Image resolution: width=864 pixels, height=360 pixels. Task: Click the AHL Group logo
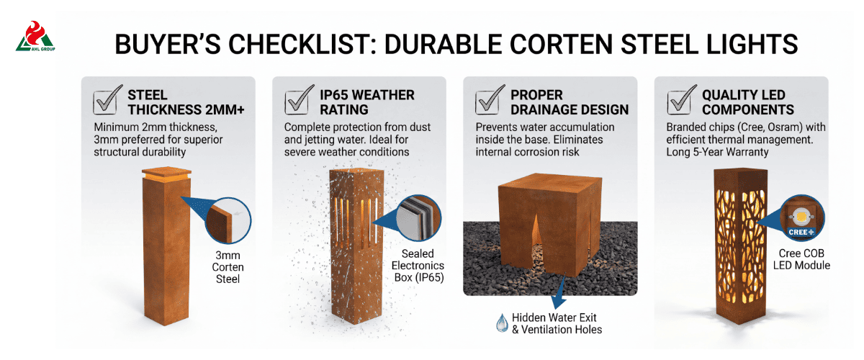click(35, 36)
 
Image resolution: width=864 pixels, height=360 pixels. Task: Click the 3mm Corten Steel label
click(228, 267)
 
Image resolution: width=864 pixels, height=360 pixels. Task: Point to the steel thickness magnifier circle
click(228, 221)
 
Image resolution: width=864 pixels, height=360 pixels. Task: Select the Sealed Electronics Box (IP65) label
click(418, 266)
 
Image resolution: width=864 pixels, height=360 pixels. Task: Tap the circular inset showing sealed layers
click(418, 218)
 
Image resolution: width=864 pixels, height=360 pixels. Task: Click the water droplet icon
click(502, 323)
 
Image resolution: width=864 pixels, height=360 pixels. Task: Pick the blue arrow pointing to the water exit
click(559, 292)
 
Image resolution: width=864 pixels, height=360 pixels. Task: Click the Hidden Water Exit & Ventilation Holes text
click(557, 323)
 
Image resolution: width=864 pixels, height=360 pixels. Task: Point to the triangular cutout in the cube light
click(536, 235)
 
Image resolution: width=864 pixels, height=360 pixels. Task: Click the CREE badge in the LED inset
click(801, 233)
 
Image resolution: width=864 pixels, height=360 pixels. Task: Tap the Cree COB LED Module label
click(801, 259)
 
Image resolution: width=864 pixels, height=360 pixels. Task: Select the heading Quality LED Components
click(747, 102)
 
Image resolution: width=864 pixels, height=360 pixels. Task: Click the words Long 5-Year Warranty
click(717, 152)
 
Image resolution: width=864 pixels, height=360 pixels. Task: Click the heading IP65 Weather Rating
click(366, 102)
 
